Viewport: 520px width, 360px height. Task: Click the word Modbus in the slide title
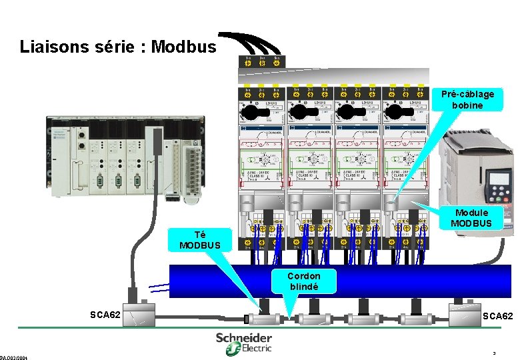point(184,47)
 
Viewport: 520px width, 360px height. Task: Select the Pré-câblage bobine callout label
point(467,99)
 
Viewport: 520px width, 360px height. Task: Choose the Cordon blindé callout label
point(303,281)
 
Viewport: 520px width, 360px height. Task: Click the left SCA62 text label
point(105,314)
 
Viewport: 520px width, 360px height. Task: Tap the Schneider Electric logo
point(243,342)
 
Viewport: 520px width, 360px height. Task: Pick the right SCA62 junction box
point(464,314)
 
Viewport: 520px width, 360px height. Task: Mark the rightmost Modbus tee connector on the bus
point(415,319)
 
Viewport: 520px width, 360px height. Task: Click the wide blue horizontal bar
point(340,281)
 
